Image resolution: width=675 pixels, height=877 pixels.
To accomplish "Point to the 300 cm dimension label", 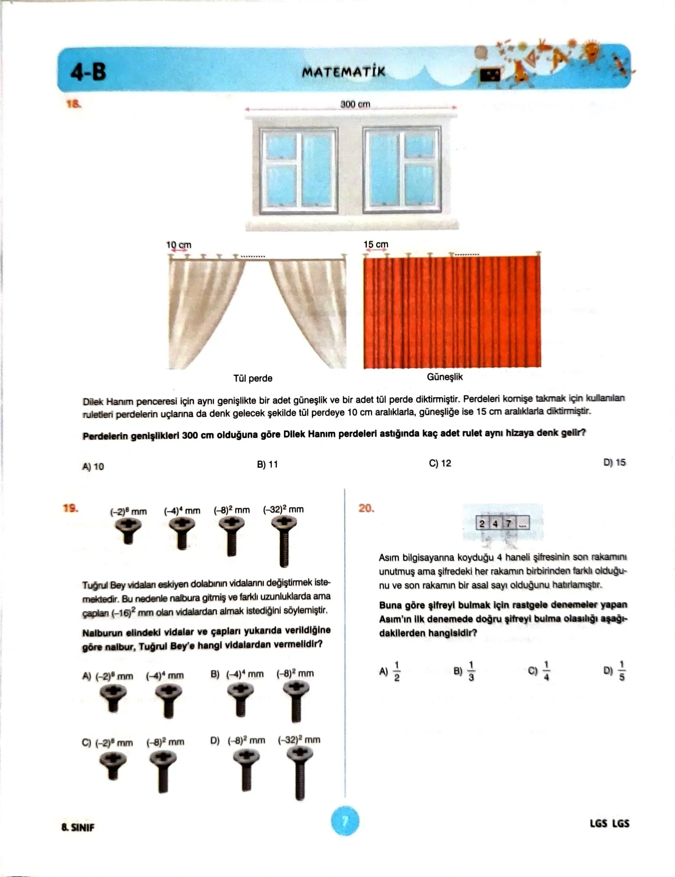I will (355, 104).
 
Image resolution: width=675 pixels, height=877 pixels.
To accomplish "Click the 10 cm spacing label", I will (179, 245).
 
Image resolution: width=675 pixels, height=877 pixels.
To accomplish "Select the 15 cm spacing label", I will (376, 244).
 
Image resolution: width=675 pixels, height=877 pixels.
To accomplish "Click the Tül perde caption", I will (253, 378).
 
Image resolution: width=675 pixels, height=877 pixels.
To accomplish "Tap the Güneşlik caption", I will (445, 377).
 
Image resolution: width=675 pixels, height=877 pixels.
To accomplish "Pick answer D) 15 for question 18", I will (614, 463).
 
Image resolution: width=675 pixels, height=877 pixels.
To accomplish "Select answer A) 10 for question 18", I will (93, 467).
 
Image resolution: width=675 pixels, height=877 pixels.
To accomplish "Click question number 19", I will (71, 508).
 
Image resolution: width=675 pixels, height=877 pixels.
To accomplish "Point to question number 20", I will (366, 508).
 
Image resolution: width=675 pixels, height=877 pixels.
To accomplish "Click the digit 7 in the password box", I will (509, 524).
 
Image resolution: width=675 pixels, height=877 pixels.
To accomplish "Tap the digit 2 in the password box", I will (482, 524).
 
